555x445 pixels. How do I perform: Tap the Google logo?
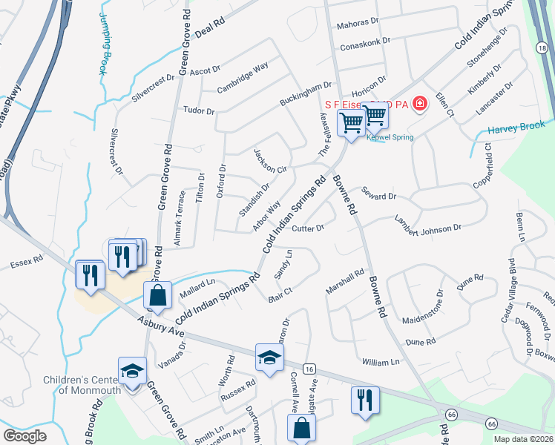(x=24, y=435)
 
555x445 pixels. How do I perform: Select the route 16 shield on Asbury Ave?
(x=309, y=369)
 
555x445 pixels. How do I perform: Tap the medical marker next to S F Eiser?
(x=419, y=103)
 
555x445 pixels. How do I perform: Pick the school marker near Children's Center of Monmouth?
(x=131, y=370)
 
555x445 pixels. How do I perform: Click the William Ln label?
(x=381, y=362)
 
